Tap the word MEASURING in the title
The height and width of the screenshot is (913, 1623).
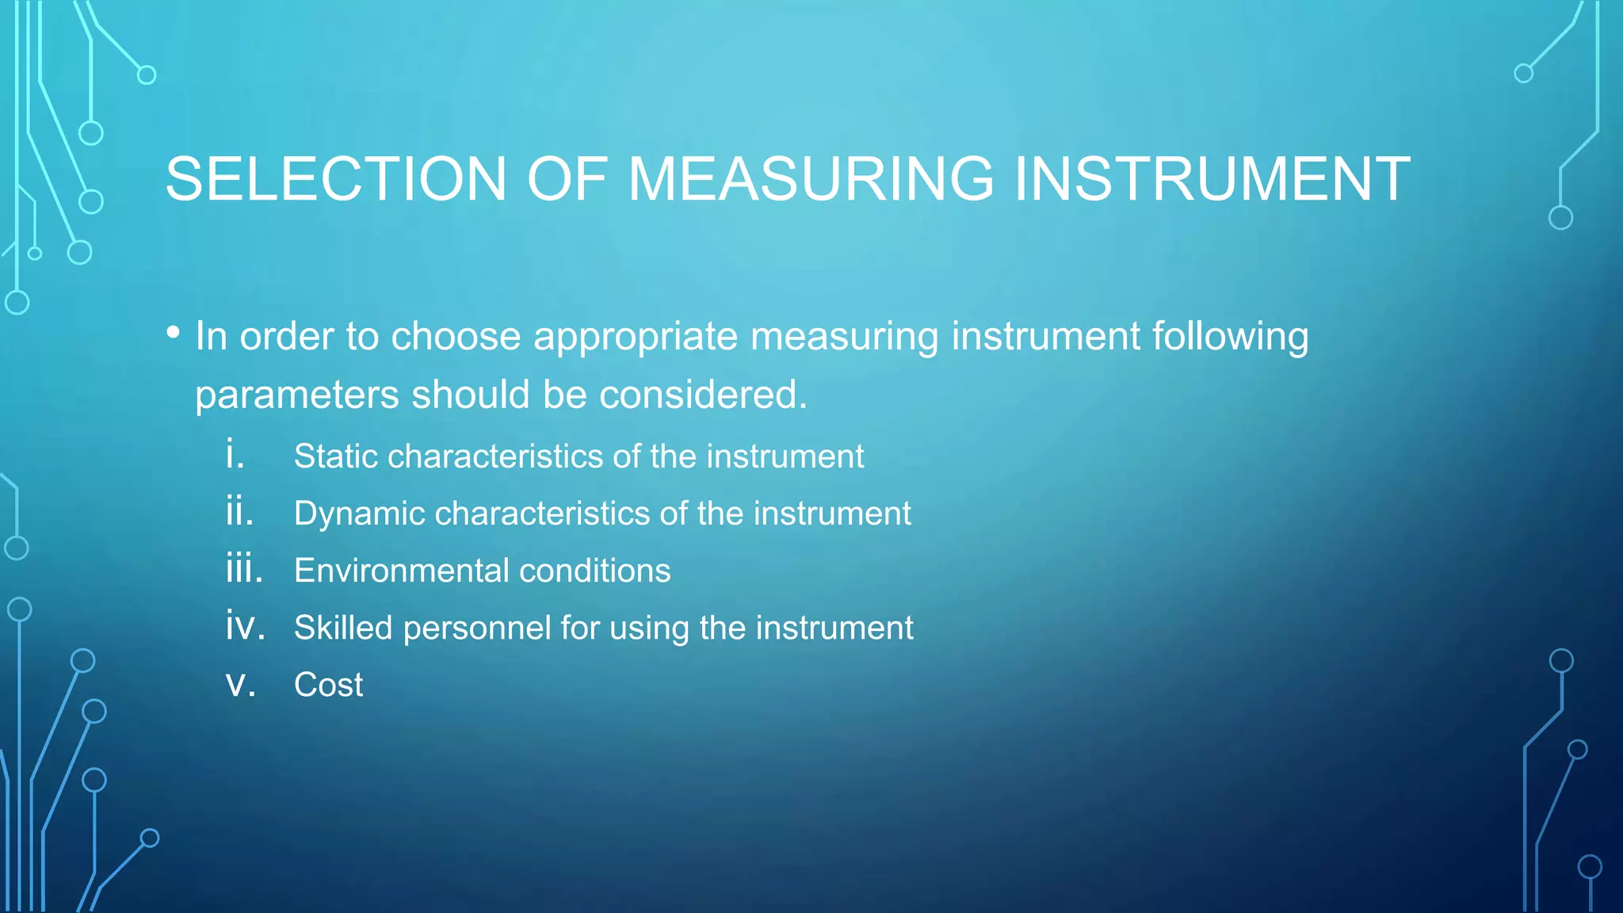coord(810,179)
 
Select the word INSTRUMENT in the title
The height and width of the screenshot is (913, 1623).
coord(1212,179)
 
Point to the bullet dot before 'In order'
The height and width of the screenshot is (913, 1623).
coord(174,333)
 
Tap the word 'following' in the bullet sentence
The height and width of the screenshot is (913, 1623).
coord(1230,338)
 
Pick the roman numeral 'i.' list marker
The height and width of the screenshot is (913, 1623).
coord(235,454)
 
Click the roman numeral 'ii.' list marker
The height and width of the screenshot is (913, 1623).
coord(239,511)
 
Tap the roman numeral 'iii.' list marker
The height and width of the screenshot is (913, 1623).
coord(244,569)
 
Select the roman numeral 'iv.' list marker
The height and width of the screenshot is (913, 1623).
coord(245,626)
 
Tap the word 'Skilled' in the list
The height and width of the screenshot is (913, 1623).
coord(343,628)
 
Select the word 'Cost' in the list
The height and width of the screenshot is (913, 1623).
coord(328,685)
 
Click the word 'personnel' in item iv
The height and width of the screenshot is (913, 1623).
coord(476,628)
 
